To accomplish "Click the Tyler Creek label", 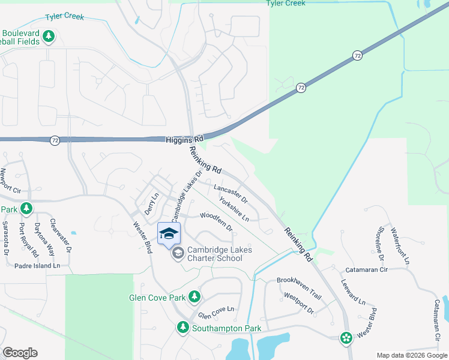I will click(286, 4).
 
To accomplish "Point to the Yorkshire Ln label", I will click(234, 209).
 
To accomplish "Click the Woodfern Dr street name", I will click(216, 221).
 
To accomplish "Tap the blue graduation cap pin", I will click(169, 233).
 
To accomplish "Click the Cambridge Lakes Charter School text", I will click(214, 254).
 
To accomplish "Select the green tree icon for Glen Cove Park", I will click(194, 296).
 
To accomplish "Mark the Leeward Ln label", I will click(353, 292).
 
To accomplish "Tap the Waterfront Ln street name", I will click(400, 246).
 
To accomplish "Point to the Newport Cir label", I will click(10, 181).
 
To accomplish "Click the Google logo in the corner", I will click(19, 353).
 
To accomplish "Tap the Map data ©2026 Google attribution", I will click(411, 355).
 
